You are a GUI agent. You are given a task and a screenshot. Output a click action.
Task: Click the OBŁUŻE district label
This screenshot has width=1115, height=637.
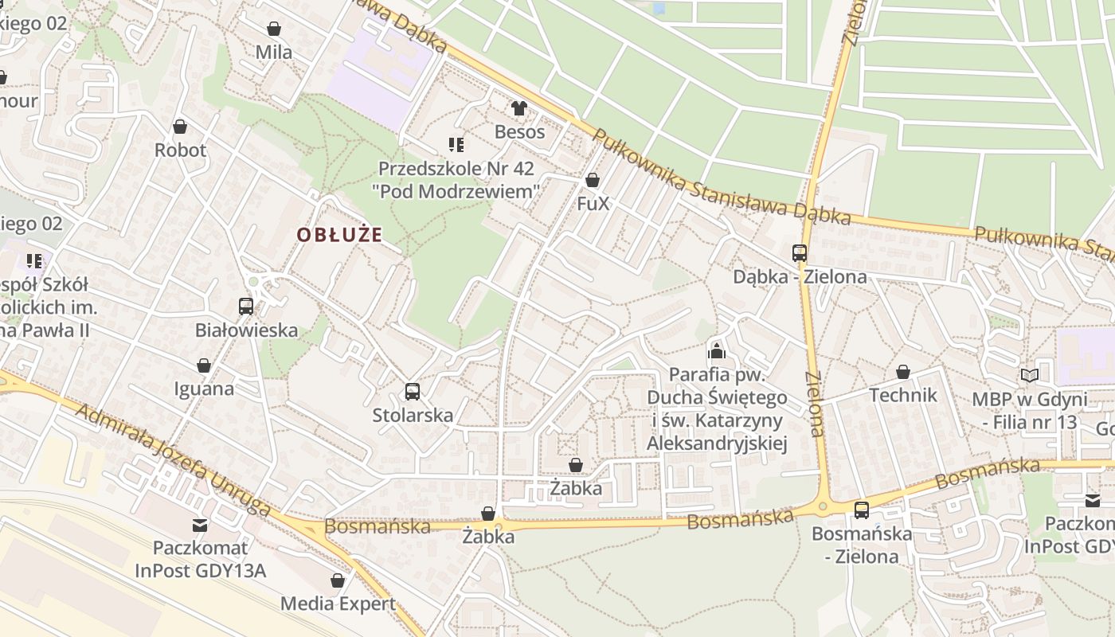click(x=339, y=235)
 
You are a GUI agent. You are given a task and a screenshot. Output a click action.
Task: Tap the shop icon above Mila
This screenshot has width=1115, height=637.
click(x=274, y=29)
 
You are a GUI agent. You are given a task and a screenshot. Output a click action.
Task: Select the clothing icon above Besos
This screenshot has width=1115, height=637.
click(x=519, y=108)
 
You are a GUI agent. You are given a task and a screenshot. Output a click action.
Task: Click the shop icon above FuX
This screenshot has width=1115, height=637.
click(x=592, y=181)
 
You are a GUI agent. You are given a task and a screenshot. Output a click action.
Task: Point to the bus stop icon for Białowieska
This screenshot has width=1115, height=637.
click(x=246, y=307)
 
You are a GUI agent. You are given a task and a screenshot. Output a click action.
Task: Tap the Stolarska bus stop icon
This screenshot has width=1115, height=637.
click(x=412, y=392)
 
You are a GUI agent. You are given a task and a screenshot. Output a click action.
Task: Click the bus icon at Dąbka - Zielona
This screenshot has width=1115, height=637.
click(x=799, y=254)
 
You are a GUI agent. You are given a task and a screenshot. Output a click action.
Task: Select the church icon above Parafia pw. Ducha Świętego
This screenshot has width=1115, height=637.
click(x=716, y=350)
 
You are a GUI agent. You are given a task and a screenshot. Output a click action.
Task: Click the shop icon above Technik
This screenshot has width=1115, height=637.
click(x=902, y=372)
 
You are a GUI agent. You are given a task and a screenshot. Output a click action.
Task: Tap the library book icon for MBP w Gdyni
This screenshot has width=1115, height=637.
click(x=1030, y=375)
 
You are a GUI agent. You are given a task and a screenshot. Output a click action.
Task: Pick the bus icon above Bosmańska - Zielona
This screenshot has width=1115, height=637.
click(x=861, y=510)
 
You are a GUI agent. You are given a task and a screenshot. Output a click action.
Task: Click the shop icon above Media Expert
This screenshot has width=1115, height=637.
click(x=338, y=580)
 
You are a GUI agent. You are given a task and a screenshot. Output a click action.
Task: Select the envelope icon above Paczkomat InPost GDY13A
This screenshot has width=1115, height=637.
click(x=200, y=526)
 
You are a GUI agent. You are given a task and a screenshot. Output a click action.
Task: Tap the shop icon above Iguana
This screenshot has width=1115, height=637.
click(x=204, y=365)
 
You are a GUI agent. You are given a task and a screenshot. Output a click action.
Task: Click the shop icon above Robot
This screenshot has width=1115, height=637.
click(x=180, y=127)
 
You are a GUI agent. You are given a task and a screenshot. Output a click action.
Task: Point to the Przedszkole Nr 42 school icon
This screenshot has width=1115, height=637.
click(x=456, y=145)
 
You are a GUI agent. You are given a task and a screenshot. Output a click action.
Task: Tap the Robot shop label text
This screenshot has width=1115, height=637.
click(x=180, y=150)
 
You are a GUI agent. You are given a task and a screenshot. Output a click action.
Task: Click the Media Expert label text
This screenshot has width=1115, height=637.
click(x=338, y=604)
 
